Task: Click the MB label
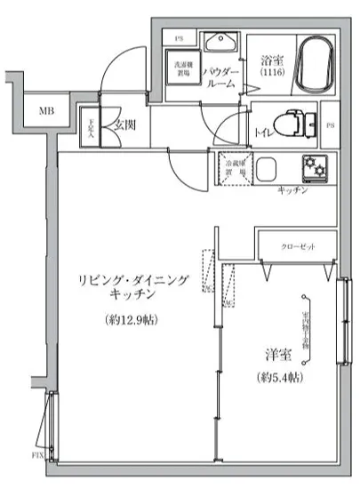[44, 112]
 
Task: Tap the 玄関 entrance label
[122, 124]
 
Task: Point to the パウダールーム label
[220, 77]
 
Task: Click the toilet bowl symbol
[289, 122]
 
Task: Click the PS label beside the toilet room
[331, 124]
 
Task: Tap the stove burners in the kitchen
[316, 166]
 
